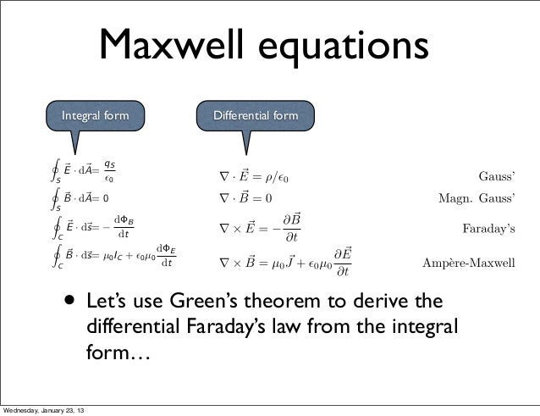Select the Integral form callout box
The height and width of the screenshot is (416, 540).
(x=96, y=114)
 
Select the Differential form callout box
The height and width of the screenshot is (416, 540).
(x=255, y=114)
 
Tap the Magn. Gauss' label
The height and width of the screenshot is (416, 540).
(x=476, y=197)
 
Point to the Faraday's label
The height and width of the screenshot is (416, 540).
(x=488, y=229)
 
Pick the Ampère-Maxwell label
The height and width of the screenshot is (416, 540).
(x=468, y=263)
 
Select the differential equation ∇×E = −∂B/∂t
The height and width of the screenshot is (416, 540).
(x=260, y=229)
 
